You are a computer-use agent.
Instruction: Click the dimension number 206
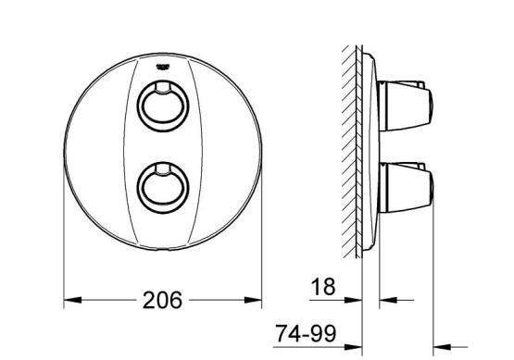[x=162, y=300]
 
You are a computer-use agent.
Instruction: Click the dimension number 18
[x=323, y=287]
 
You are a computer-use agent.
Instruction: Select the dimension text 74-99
[x=306, y=333]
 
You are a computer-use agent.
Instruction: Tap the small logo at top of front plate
[x=163, y=67]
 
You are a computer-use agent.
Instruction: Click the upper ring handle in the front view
[x=163, y=106]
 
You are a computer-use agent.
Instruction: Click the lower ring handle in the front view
[x=163, y=188]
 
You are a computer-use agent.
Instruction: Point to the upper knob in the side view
[x=406, y=106]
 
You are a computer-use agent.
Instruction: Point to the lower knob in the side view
[x=406, y=188]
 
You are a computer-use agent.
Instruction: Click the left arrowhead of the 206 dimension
[x=72, y=300]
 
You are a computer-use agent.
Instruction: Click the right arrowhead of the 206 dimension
[x=253, y=300]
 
